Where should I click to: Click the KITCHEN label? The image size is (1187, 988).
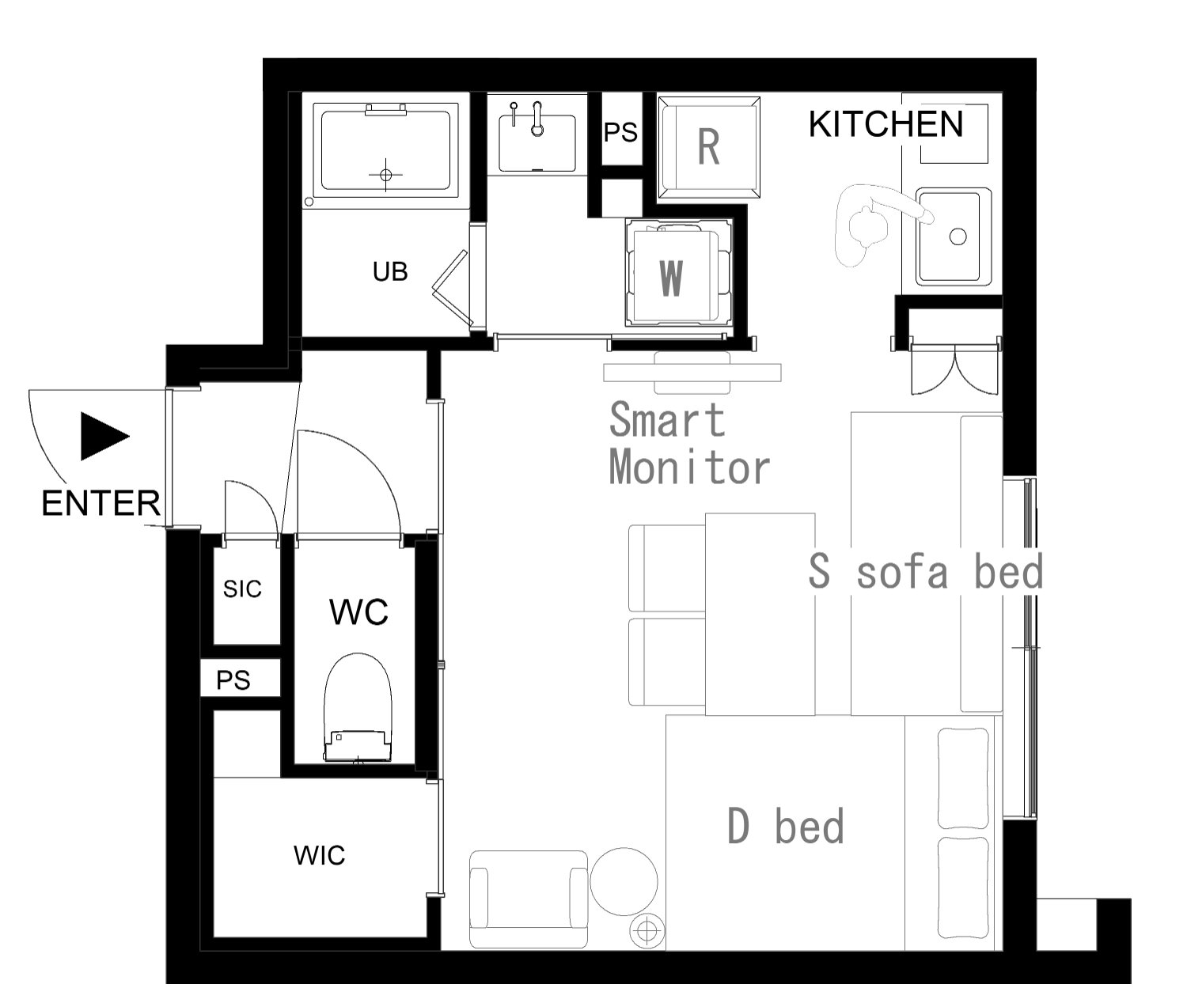point(886,124)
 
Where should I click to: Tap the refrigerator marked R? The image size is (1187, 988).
point(709,147)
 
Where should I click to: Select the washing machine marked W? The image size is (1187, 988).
point(678,274)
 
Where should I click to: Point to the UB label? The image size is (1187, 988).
point(390,272)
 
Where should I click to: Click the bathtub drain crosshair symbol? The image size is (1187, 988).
point(386,175)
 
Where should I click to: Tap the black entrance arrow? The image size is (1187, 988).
point(105,436)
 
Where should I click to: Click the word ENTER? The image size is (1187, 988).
point(101,503)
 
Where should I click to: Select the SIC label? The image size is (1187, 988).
point(242,589)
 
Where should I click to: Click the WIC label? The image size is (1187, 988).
point(319,855)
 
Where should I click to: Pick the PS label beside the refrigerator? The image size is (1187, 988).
point(620,132)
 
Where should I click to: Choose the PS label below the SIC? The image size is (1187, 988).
point(233,679)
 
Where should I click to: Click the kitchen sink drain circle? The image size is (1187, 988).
point(958,236)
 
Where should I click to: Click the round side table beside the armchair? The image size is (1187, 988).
point(624,881)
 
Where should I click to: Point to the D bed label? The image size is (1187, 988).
point(786,826)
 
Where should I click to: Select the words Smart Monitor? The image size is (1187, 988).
point(689,444)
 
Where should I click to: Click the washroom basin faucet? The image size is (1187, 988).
point(537,119)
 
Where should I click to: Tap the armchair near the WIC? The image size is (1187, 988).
point(529,899)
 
